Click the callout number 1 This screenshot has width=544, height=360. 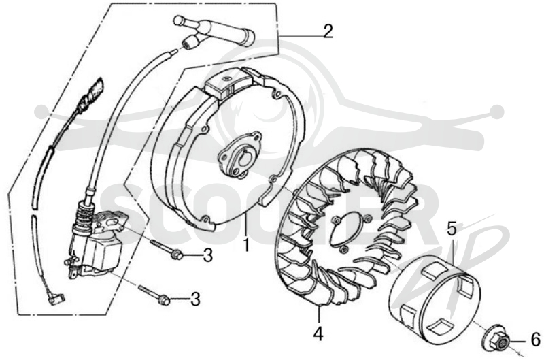click(x=246, y=245)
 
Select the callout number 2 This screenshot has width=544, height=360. click(x=328, y=31)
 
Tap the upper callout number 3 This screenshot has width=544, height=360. click(x=208, y=255)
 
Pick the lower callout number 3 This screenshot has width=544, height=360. click(x=196, y=299)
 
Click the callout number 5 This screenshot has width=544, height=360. click(x=452, y=229)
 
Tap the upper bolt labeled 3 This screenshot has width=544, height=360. click(x=166, y=249)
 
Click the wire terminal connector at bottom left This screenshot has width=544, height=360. click(x=56, y=297)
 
